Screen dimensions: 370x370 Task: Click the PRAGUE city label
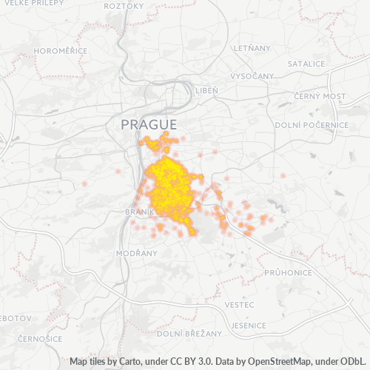pyautogui.click(x=149, y=124)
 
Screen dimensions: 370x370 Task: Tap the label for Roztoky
pyautogui.click(x=124, y=6)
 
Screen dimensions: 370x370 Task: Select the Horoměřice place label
pyautogui.click(x=57, y=51)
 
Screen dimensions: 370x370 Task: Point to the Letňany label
pyautogui.click(x=252, y=47)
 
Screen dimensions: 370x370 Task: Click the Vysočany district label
pyautogui.click(x=252, y=76)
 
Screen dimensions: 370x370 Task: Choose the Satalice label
pyautogui.click(x=306, y=64)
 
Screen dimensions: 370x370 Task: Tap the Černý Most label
pyautogui.click(x=319, y=96)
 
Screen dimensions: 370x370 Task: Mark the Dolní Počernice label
pyautogui.click(x=311, y=125)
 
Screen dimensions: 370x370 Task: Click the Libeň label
pyautogui.click(x=207, y=90)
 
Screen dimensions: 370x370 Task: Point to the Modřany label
pyautogui.click(x=137, y=253)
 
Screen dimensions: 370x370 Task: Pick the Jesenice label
pyautogui.click(x=248, y=326)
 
